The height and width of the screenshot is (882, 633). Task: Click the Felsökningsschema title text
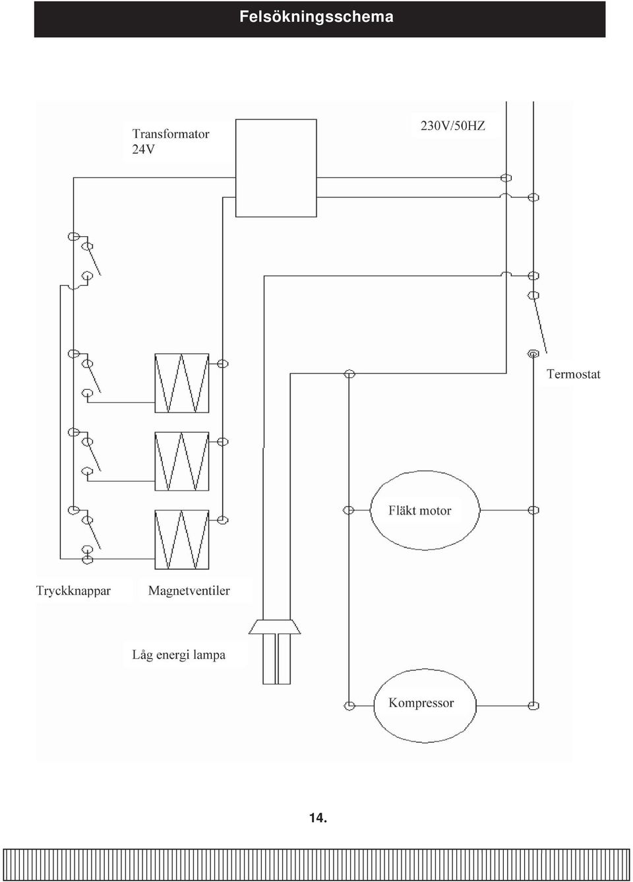[x=316, y=17]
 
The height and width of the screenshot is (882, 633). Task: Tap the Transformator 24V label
[x=171, y=141]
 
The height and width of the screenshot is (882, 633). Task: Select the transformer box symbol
[x=276, y=168]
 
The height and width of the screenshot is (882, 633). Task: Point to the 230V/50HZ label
[x=453, y=126]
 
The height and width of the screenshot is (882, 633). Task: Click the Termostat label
[x=573, y=373]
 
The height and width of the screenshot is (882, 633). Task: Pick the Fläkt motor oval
[x=425, y=511]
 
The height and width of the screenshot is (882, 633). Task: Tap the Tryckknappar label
[x=73, y=591]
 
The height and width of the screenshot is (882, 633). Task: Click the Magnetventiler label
[x=189, y=590]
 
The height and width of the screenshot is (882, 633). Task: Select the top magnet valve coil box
[x=181, y=383]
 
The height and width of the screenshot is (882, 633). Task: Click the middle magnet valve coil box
[x=181, y=461]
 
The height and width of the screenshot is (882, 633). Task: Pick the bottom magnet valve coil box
[x=181, y=540]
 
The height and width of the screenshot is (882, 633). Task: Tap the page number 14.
[x=318, y=818]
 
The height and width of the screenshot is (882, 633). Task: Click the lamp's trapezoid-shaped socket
[x=275, y=627]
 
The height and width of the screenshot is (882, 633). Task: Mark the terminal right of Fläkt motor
[x=533, y=511]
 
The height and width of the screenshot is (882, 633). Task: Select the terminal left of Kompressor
[x=349, y=706]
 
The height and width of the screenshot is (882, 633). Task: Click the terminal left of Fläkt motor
[x=348, y=511]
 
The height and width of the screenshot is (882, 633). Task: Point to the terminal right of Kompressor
[x=533, y=706]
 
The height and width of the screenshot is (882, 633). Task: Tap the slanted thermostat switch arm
[x=540, y=324]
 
